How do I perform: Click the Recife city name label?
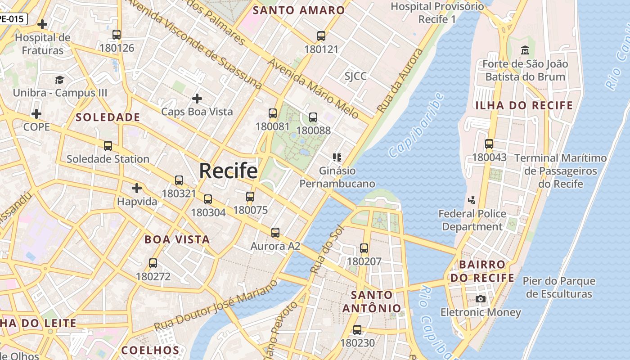228,171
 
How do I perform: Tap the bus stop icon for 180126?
117,35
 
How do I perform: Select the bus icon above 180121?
321,36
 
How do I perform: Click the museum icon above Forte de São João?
525,50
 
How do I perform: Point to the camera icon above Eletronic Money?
481,299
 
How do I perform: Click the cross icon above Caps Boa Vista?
197,98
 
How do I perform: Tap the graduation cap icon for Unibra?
59,80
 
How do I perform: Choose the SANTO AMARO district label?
299,10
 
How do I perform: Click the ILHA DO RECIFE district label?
524,106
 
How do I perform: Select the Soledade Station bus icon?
108,146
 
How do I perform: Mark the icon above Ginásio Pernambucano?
337,157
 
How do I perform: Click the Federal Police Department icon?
472,200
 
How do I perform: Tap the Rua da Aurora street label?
400,81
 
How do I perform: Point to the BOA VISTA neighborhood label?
177,239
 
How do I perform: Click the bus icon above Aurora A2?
275,233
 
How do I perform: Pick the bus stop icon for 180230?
357,329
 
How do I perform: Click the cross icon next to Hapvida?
137,188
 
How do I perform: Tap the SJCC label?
355,76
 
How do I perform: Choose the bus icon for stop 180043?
489,144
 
